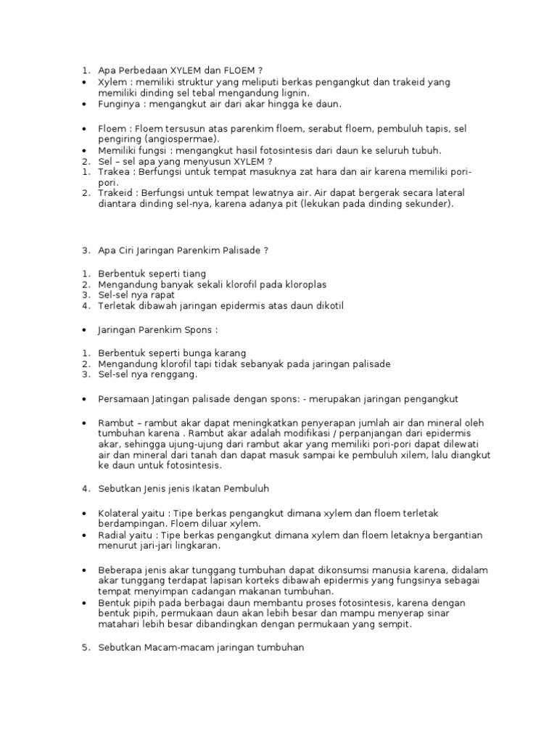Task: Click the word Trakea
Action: [x=113, y=172]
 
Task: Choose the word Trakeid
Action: [x=115, y=193]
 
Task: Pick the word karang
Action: [x=232, y=353]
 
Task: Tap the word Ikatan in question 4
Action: [x=204, y=489]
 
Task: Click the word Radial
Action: [x=112, y=535]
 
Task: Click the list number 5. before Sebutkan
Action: [x=85, y=648]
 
